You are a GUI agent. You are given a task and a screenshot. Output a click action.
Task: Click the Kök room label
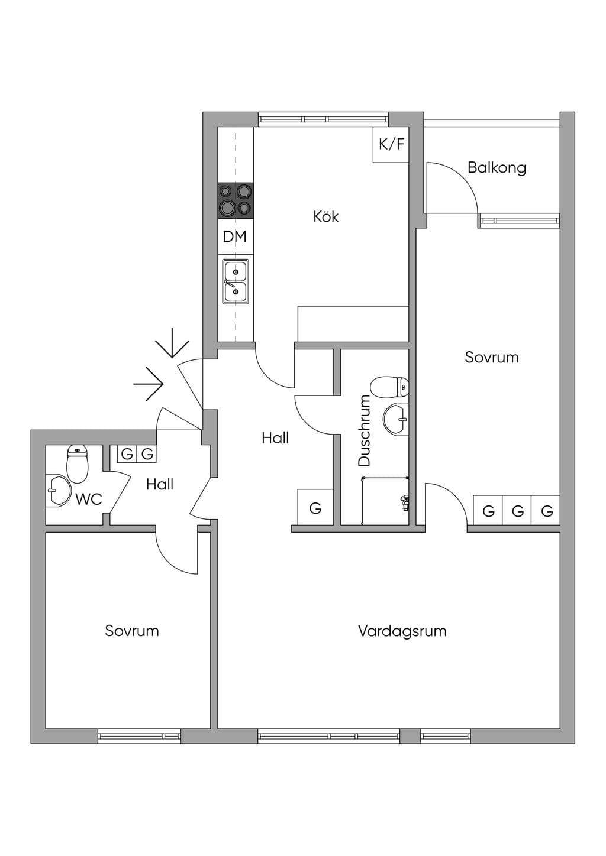[326, 217]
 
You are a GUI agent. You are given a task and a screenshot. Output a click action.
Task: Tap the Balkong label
[497, 167]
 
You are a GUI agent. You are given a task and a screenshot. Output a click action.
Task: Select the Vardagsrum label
[402, 631]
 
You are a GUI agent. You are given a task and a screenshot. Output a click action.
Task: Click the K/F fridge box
[391, 144]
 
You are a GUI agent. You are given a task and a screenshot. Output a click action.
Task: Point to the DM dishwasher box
[235, 236]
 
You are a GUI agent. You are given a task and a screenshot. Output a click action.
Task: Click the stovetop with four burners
[236, 201]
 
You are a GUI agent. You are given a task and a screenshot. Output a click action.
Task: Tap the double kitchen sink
[236, 282]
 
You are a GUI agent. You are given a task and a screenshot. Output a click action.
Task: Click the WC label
[89, 499]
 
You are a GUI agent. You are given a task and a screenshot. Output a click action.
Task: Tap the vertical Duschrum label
[364, 431]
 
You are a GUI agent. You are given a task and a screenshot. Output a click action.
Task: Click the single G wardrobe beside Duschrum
[315, 507]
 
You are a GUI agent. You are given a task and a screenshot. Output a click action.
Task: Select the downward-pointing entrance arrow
[172, 343]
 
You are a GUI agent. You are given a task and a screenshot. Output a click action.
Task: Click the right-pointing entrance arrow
[149, 384]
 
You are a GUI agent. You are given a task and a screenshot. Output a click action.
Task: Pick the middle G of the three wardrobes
[517, 511]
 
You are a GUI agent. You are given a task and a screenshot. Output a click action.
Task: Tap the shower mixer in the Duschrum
[404, 502]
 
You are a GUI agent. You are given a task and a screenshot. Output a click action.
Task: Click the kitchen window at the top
[323, 119]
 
